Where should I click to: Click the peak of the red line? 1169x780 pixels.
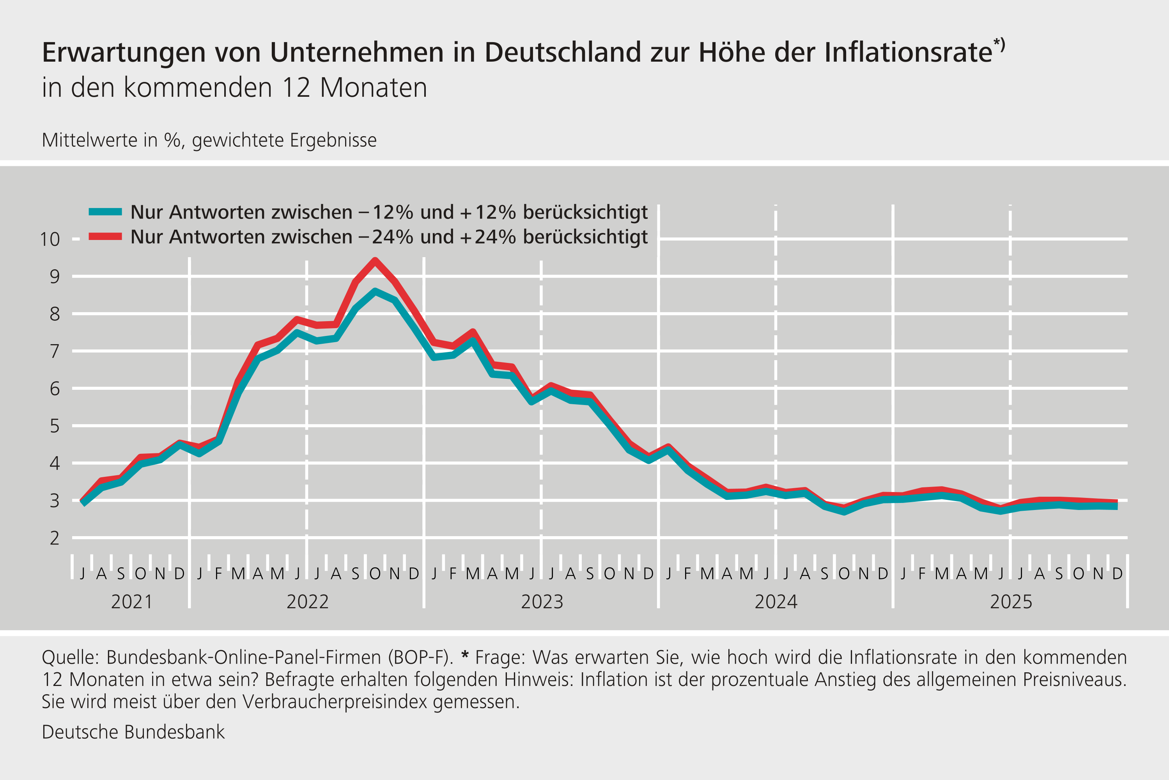375,260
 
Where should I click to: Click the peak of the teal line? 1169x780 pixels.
375,291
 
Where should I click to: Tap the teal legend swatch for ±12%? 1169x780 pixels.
105,212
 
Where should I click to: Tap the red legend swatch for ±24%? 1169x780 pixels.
105,237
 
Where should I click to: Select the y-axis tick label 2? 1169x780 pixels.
54,538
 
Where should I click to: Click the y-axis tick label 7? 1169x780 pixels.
54,352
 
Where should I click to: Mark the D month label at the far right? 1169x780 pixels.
1117,574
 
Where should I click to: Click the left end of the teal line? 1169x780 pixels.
83,503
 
